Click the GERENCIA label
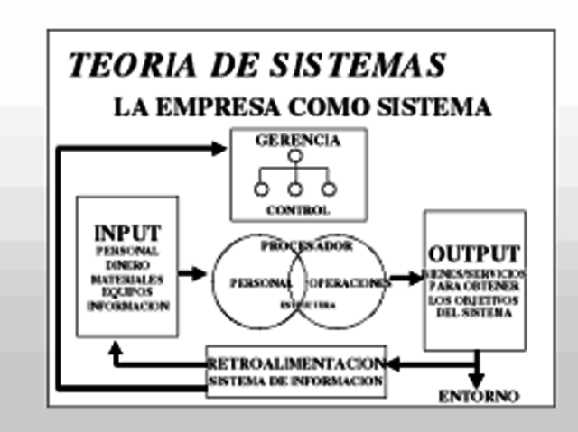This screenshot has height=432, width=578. (x=297, y=142)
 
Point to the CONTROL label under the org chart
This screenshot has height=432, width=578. (x=297, y=211)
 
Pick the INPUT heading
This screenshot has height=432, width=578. (x=127, y=232)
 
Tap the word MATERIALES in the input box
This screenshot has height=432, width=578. (x=127, y=280)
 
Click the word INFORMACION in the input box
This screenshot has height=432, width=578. (x=127, y=307)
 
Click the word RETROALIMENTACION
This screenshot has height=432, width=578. (x=297, y=363)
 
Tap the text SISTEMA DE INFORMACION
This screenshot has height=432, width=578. (x=297, y=381)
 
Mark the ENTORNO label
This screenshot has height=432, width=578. (x=479, y=396)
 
